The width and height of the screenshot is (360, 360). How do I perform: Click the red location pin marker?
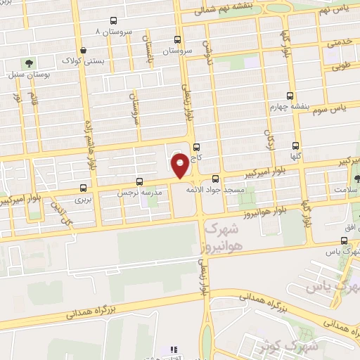pyautogui.click(x=181, y=166)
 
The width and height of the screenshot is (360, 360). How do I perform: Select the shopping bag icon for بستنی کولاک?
pyautogui.click(x=84, y=50)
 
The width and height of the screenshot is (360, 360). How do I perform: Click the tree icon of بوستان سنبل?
pyautogui.click(x=30, y=63)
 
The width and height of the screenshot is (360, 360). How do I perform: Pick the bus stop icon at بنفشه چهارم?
pyautogui.click(x=290, y=96)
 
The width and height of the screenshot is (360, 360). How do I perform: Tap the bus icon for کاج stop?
pyautogui.click(x=196, y=148)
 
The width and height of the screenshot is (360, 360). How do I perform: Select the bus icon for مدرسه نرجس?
pyautogui.click(x=139, y=181)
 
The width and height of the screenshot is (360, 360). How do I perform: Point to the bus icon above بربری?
pyautogui.click(x=84, y=188)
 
